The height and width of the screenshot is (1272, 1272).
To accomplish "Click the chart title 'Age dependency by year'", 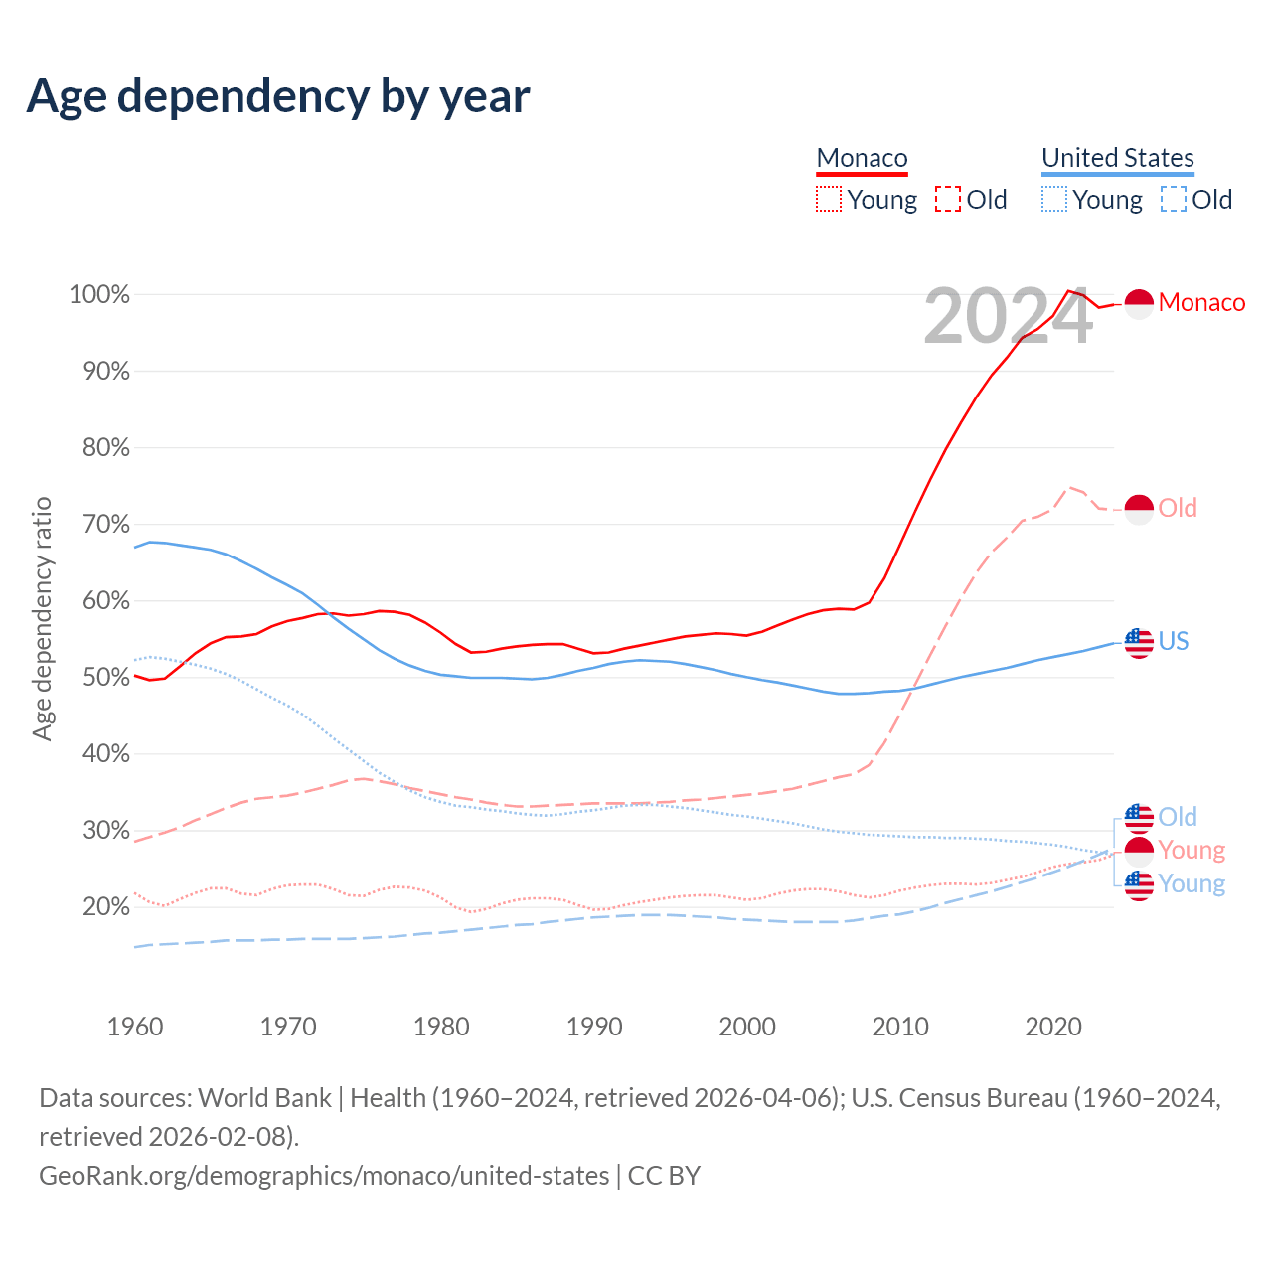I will pos(278,95).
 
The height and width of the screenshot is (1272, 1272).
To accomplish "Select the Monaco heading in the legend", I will pos(862,158).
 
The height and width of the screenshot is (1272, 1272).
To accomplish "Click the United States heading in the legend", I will pos(1117,158).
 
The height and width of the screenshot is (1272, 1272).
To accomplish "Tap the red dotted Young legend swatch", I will pos(828,199).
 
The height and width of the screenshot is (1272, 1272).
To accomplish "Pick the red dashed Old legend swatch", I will pos(948,199).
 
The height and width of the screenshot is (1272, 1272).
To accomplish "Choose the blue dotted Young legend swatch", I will pos(1053,199).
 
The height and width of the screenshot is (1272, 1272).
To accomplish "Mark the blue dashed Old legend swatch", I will pos(1174,199).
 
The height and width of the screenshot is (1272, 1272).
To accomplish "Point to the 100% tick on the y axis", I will pos(99,294).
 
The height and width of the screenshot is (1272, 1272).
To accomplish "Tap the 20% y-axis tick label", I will pos(103,906).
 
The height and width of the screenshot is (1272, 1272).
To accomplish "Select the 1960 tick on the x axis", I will pos(135,1026).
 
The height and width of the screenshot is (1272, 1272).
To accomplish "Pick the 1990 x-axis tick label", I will pos(594,1026).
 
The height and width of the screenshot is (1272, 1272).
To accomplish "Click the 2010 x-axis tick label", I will pos(900,1026).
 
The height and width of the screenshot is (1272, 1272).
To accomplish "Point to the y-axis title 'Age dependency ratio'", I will pos(42,618).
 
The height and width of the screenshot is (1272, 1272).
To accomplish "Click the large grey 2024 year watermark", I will pos(1008,316).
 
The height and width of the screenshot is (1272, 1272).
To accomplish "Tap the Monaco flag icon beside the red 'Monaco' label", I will pos(1139,303).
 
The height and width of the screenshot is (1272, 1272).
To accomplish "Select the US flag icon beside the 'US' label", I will pos(1139,642).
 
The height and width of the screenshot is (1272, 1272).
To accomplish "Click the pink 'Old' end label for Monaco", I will pos(1178,508).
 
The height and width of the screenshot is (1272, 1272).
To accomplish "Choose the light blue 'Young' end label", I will pos(1192,883).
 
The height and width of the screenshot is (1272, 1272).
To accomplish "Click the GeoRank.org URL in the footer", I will pos(324,1175).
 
